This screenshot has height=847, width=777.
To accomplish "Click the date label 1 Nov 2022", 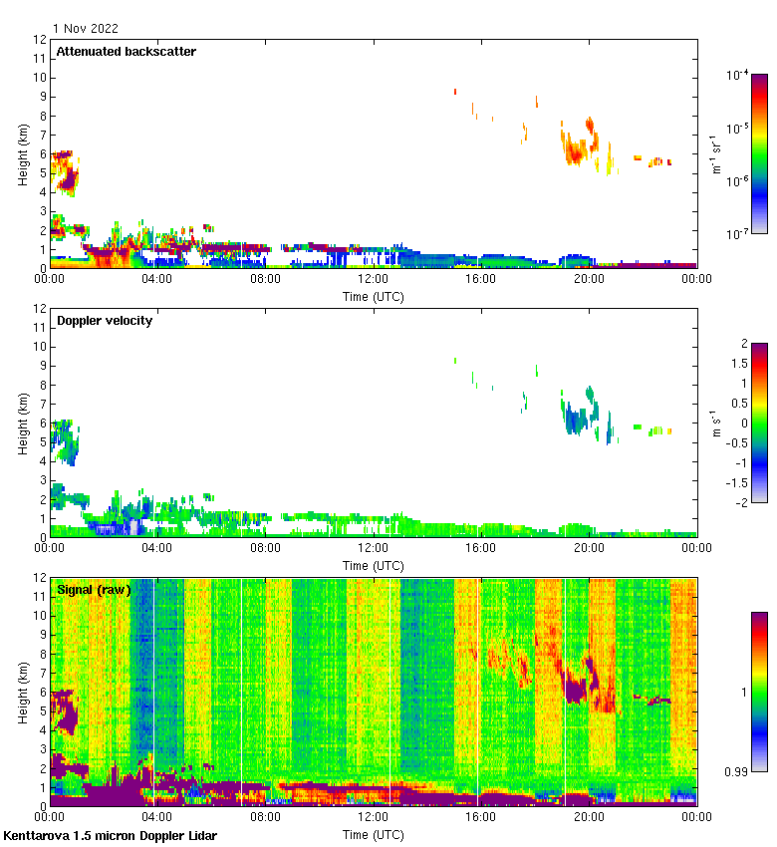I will click(86, 29).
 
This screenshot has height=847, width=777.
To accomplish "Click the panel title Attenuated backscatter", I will click(126, 51).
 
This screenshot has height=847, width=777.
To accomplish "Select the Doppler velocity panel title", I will click(105, 321).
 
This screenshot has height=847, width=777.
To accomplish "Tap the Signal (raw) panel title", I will click(94, 590).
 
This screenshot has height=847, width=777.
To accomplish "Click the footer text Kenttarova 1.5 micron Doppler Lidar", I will click(110, 835).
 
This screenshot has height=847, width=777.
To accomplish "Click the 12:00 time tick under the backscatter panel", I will click(374, 280).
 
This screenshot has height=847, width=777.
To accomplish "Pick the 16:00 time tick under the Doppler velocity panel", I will click(481, 549).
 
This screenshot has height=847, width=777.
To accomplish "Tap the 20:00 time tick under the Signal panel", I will click(589, 818).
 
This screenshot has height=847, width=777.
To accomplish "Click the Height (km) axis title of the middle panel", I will click(22, 423).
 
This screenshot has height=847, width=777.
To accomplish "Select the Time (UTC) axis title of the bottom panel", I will click(374, 834).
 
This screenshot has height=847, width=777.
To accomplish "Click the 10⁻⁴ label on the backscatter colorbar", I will click(738, 75).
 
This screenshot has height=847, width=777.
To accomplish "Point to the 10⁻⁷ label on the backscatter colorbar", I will click(738, 234).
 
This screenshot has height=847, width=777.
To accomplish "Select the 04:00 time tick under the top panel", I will click(157, 280).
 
